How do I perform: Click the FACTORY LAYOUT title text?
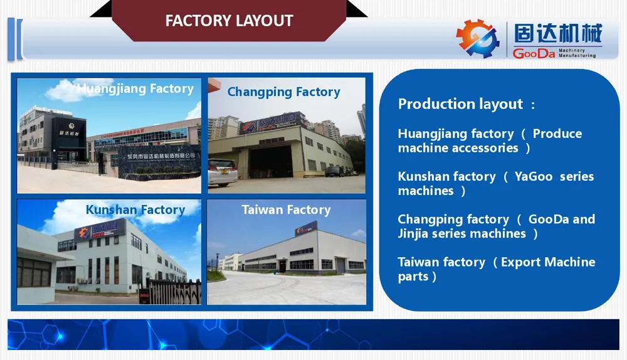[x=229, y=21]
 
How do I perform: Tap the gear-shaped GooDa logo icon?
[x=477, y=39]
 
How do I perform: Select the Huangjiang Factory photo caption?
[x=135, y=88]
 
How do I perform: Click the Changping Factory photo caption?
[x=283, y=92]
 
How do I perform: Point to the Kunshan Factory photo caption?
[x=135, y=210]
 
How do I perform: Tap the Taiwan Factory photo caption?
[x=286, y=210]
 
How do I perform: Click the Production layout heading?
[x=461, y=104]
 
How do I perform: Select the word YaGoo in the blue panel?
[x=533, y=176]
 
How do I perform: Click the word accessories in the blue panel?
[x=480, y=148]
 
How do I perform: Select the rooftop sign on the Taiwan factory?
[x=306, y=229]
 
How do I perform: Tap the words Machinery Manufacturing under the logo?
[x=577, y=53]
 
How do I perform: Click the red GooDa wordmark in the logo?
[x=534, y=53]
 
